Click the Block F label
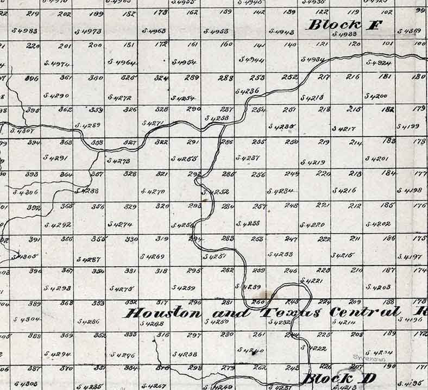(x=344, y=24)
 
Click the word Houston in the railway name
(x=162, y=313)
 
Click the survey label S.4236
(x=247, y=91)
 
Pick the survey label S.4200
(x=376, y=96)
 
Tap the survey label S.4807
(x=22, y=131)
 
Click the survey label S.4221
(x=311, y=281)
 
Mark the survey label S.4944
(x=251, y=60)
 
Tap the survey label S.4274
(x=119, y=224)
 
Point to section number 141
(x=260, y=46)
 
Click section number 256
(x=259, y=175)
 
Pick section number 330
(x=131, y=239)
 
